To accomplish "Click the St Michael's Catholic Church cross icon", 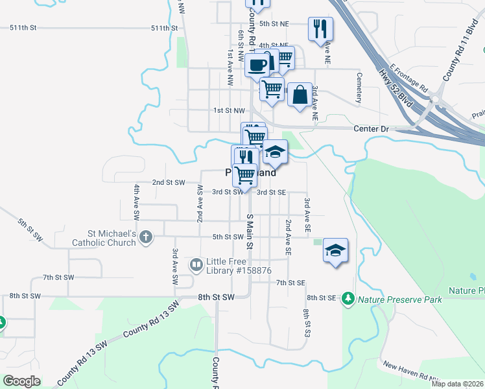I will (x=145, y=237).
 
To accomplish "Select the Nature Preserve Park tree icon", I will (x=349, y=298).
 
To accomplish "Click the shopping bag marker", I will (x=300, y=95).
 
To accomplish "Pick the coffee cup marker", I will (x=257, y=65).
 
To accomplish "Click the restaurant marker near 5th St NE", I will (x=320, y=29).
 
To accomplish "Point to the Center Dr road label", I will (x=371, y=129).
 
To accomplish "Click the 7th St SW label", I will (x=58, y=277).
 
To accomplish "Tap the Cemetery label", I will (x=358, y=86).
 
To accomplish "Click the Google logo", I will (x=22, y=381).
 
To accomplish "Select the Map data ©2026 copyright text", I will (x=457, y=384).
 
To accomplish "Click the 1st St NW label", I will (x=230, y=111).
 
